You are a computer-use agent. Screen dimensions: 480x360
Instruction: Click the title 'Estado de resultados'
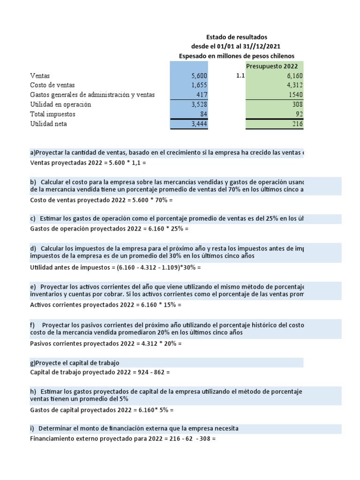pos(237,37)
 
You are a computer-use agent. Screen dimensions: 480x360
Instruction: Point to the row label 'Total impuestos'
pos(52,114)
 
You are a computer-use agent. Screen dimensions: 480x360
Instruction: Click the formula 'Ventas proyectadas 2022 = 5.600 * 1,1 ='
pos(88,164)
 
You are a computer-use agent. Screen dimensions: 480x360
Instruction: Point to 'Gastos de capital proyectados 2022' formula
pos(102,410)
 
